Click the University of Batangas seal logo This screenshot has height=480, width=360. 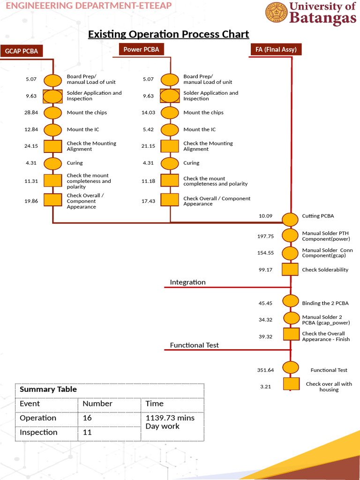(x=277, y=13)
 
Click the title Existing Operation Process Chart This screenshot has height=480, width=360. (x=169, y=34)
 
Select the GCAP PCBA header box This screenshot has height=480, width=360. (x=22, y=51)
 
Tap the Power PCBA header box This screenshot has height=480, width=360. (x=141, y=49)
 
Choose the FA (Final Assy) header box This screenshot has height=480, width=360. (x=276, y=49)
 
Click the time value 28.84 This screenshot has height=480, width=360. (x=31, y=112)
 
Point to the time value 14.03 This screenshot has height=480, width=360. (x=148, y=112)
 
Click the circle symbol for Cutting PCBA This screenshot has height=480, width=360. (x=290, y=218)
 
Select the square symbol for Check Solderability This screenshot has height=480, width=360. (x=290, y=270)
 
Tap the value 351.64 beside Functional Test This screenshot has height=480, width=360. (x=265, y=370)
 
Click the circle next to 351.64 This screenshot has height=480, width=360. (x=291, y=367)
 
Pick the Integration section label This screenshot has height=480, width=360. (x=187, y=282)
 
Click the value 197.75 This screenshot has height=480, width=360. (x=265, y=236)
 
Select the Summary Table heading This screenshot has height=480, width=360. (x=48, y=390)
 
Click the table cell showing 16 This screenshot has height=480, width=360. (x=87, y=418)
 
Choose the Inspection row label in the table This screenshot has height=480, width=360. (x=38, y=432)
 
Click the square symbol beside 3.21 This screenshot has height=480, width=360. (x=291, y=384)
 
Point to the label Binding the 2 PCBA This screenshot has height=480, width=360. (x=325, y=303)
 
